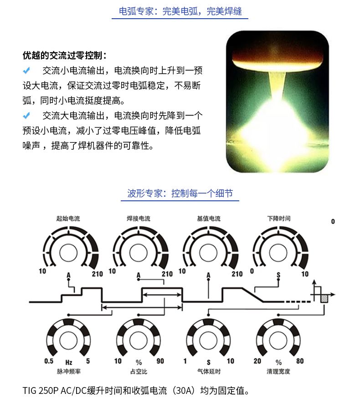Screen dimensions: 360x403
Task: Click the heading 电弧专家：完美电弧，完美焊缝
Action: tap(180, 11)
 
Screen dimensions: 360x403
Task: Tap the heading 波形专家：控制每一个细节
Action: tap(180, 193)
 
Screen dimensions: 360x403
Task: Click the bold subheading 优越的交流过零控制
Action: tap(64, 55)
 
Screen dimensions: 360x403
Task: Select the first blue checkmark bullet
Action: tap(26, 71)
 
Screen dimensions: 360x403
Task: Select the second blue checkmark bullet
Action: tap(26, 116)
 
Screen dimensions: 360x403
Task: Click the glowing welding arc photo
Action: tap(277, 102)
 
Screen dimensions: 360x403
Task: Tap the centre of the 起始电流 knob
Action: tap(68, 253)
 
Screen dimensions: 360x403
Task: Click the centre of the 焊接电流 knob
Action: tap(139, 253)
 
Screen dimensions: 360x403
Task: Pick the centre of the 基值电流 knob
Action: tap(209, 253)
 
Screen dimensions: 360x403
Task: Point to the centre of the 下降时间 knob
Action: tap(278, 253)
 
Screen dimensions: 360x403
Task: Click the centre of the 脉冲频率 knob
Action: tap(68, 340)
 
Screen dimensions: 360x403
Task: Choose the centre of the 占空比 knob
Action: tap(139, 340)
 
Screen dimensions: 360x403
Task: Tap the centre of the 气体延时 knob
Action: tap(209, 340)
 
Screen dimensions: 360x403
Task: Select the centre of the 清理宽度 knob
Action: tap(278, 340)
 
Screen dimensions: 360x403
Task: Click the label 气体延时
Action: tap(209, 372)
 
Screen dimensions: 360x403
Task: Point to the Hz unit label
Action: tap(69, 362)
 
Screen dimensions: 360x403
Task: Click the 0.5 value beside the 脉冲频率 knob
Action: tap(49, 361)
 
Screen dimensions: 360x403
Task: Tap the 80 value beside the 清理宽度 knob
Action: tap(300, 361)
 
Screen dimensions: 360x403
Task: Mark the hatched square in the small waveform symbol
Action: tap(324, 299)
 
